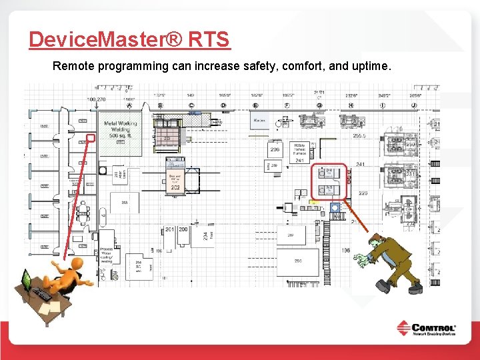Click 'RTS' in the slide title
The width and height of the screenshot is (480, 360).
[x=209, y=39]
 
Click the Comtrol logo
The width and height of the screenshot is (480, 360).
[x=426, y=329]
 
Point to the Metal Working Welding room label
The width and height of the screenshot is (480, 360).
[x=120, y=127]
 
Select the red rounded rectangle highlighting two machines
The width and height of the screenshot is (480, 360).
[x=329, y=181]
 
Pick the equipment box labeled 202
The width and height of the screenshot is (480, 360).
[x=175, y=181]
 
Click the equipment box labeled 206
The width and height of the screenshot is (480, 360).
[x=275, y=151]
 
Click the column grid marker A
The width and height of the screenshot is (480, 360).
[x=128, y=105]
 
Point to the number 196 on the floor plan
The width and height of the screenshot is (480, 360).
[x=345, y=250]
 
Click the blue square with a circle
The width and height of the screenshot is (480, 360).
[x=335, y=208]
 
